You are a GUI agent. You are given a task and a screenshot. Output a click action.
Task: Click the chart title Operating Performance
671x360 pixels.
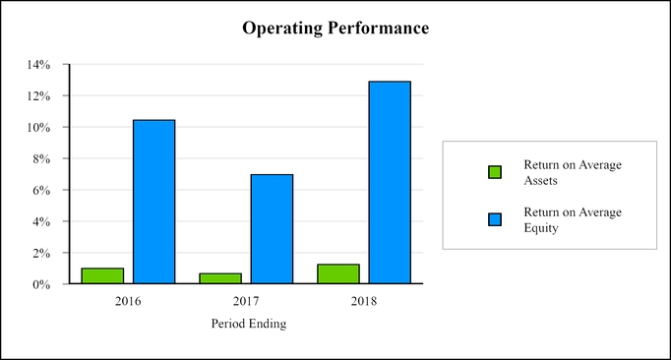point(335,29)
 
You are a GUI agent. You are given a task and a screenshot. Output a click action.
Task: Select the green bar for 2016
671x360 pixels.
point(102,276)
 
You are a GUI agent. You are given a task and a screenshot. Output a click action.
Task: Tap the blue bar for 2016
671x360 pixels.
point(153,202)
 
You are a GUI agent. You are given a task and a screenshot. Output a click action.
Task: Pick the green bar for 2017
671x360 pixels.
point(220,278)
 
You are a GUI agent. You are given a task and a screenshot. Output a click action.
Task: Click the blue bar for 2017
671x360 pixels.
point(272,229)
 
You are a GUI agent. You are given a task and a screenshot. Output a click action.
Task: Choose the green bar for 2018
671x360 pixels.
point(338,274)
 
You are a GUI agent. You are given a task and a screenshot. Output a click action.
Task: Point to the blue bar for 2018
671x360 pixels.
point(390,183)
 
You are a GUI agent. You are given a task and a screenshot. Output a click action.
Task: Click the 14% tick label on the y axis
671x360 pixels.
point(40,65)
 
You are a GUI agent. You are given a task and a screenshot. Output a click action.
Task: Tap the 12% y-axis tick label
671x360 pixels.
point(40,96)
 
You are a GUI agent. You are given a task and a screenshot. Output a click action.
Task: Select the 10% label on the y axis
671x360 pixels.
point(40,128)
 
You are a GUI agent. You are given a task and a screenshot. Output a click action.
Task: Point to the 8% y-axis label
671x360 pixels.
point(43,159)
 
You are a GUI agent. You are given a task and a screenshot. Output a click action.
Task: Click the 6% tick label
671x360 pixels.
point(43,191)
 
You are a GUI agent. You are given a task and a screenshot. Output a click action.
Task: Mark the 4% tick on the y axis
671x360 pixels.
point(43,222)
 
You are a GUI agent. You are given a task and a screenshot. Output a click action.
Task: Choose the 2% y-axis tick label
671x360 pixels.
point(43,254)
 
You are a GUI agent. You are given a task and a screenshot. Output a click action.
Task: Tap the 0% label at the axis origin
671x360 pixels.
point(43,285)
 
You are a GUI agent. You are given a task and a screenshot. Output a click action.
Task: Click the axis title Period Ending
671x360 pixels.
point(249,324)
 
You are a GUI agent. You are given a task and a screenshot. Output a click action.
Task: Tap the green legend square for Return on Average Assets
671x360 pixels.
point(495,172)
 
